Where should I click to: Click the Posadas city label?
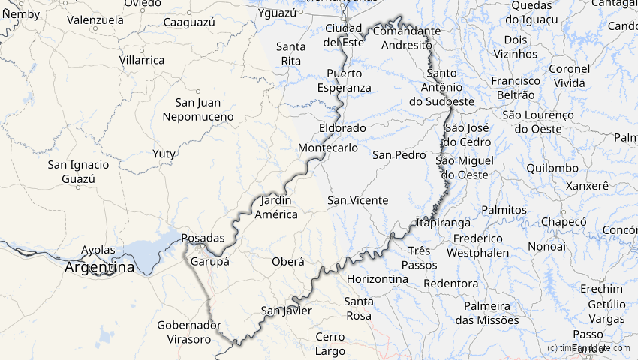coord(203,238)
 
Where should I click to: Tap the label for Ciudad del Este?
coord(344,35)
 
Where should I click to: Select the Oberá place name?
coord(288,262)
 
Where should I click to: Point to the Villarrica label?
coord(142,60)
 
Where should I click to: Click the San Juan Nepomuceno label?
coord(198,109)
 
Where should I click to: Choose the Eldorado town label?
coord(342,128)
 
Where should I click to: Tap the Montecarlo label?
coord(328,148)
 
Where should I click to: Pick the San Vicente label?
coord(358,200)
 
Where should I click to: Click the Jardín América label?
coord(277,208)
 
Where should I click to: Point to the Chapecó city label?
coord(563,222)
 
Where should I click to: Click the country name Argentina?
coord(99,267)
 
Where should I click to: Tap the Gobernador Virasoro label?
coord(189,331)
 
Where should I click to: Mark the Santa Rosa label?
coord(358,308)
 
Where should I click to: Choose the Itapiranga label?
coord(444,223)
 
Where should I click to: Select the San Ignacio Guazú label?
coord(78,172)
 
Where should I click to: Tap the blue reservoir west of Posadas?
coord(146,252)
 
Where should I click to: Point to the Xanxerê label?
coord(588,185)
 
